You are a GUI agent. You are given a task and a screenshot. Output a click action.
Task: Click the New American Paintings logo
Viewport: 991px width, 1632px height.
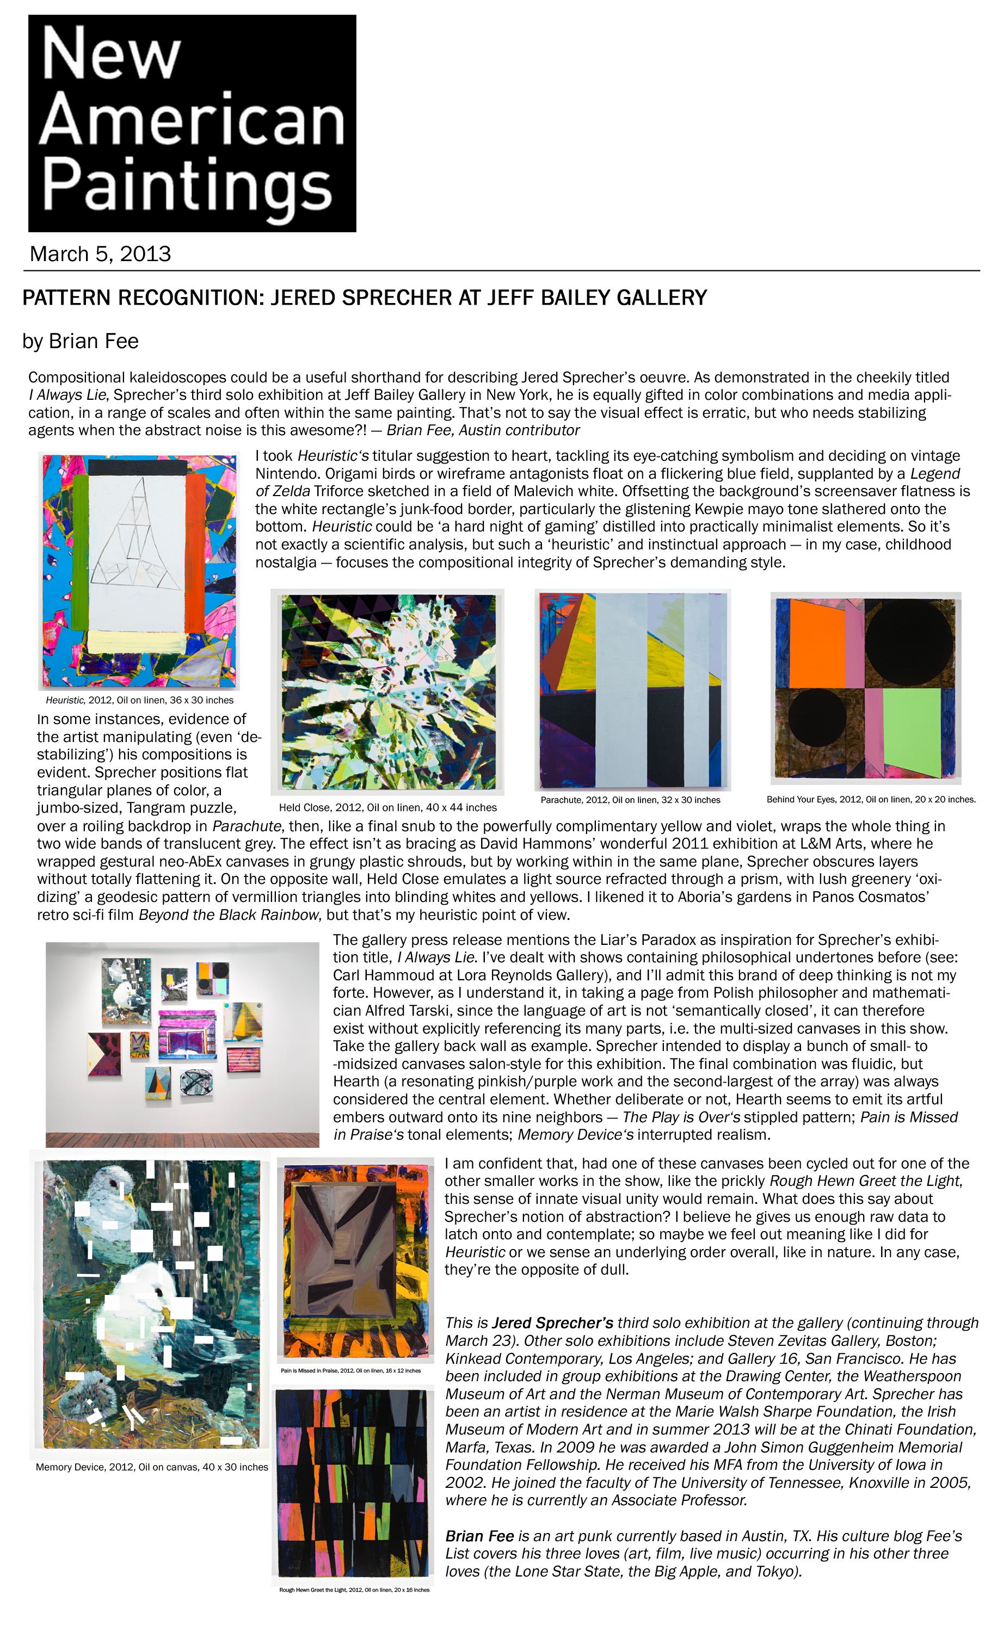click(192, 123)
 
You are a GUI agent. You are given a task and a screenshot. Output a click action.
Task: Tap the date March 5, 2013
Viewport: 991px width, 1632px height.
click(100, 254)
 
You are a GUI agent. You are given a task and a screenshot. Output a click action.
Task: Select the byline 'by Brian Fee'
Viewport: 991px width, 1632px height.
click(80, 341)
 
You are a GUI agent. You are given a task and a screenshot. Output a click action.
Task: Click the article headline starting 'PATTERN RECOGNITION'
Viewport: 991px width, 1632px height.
click(364, 298)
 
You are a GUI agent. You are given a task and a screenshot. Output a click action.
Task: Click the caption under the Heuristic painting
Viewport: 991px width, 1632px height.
click(139, 700)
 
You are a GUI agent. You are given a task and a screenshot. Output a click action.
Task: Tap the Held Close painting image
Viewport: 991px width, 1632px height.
click(387, 691)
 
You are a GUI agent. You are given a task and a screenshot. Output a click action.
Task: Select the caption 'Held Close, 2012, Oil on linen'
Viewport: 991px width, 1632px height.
click(387, 807)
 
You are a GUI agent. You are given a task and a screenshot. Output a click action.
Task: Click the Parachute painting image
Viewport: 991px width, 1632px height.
click(632, 689)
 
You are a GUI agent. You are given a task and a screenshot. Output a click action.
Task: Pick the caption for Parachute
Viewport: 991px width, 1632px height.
click(630, 800)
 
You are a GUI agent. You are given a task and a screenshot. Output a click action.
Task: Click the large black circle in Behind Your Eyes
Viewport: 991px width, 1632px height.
click(908, 643)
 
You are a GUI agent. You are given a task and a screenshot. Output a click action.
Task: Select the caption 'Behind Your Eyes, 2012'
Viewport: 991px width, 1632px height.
click(870, 800)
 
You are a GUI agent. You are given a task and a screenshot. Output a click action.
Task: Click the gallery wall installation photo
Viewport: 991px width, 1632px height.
click(182, 1044)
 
